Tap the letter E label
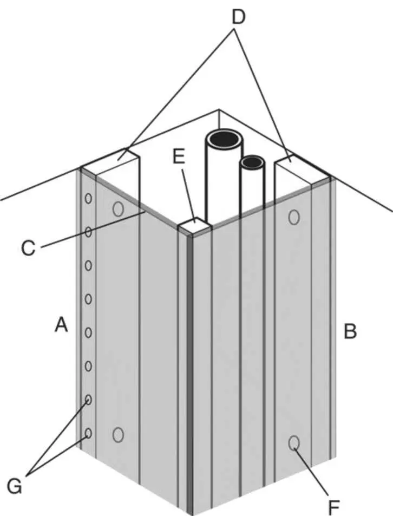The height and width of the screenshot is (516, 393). point(179,157)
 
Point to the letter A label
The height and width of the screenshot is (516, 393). point(61,325)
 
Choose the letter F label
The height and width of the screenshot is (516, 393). point(334,507)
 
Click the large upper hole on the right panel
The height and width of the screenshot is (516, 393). point(294,217)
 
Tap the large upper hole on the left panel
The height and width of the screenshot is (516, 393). point(118,208)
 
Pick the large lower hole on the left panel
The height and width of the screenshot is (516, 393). point(118,434)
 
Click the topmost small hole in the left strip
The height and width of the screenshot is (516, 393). point(88,199)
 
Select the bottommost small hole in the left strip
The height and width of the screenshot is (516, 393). point(88,434)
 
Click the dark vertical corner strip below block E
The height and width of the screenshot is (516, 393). point(189,374)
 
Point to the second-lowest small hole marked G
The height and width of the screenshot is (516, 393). point(88,400)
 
